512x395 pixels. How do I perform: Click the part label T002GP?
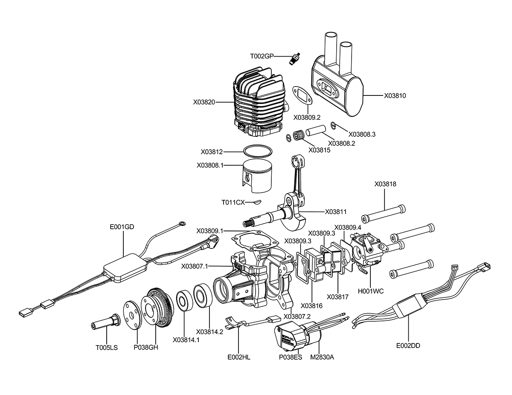[x=262, y=57]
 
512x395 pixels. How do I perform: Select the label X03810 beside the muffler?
[x=395, y=96]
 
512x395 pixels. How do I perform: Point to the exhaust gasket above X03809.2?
[x=303, y=96]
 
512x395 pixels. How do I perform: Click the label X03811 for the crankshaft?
[x=336, y=212]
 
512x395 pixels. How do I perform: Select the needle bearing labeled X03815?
[x=299, y=136]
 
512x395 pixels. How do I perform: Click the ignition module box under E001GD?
[x=125, y=267]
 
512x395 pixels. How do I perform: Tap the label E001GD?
[x=122, y=227]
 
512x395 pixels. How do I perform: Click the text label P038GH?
[x=146, y=347]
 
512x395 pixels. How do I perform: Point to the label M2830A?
[x=322, y=357]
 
